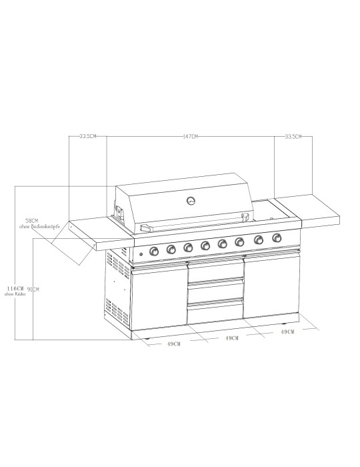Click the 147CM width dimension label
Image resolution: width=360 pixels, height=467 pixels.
(191, 137)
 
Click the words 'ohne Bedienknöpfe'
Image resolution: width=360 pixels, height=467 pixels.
(41, 227)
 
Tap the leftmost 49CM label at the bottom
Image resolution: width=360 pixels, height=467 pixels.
(175, 344)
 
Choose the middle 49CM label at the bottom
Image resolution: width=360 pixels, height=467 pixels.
(232, 339)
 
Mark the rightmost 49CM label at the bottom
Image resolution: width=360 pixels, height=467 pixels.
(287, 332)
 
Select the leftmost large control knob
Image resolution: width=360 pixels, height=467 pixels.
(155, 251)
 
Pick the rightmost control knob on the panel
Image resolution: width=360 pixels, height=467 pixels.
(276, 238)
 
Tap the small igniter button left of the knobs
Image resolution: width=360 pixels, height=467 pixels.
(140, 254)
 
